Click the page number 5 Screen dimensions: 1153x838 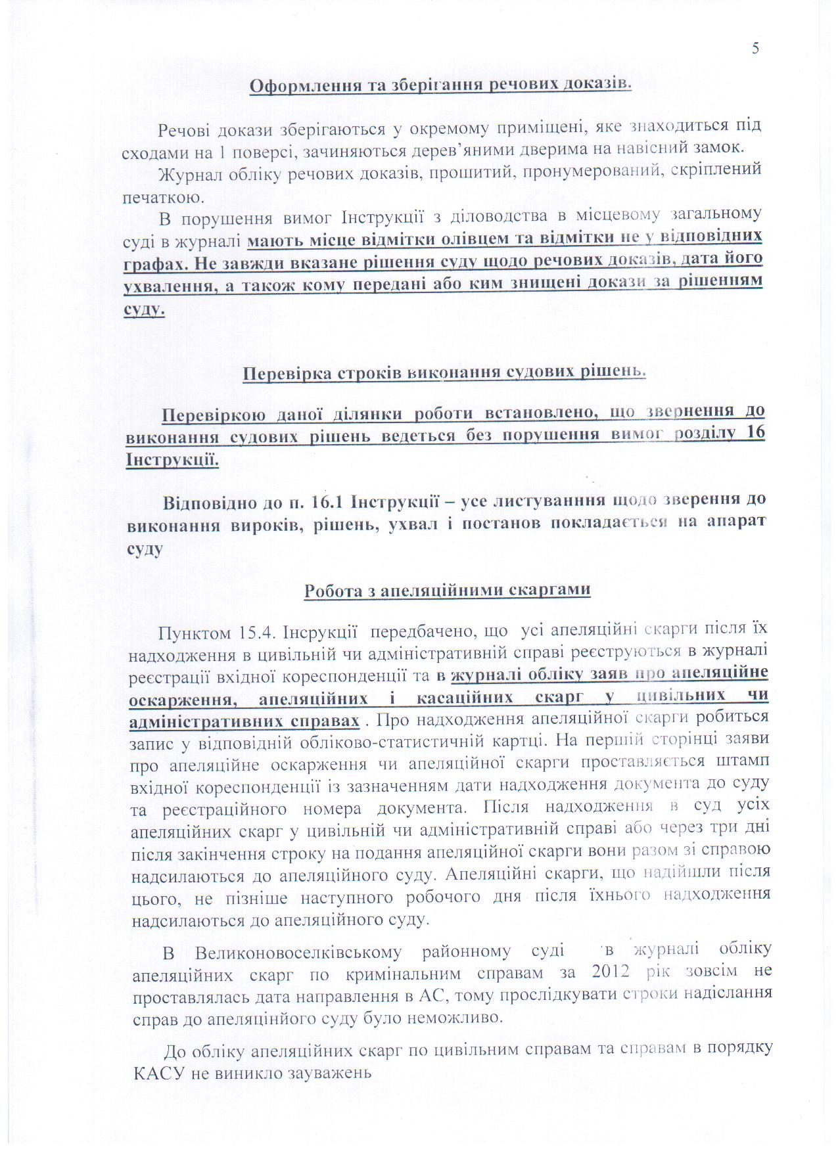(756, 48)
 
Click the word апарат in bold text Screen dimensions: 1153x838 (737, 524)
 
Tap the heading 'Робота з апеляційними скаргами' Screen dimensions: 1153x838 (447, 590)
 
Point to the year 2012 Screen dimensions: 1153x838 (615, 972)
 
